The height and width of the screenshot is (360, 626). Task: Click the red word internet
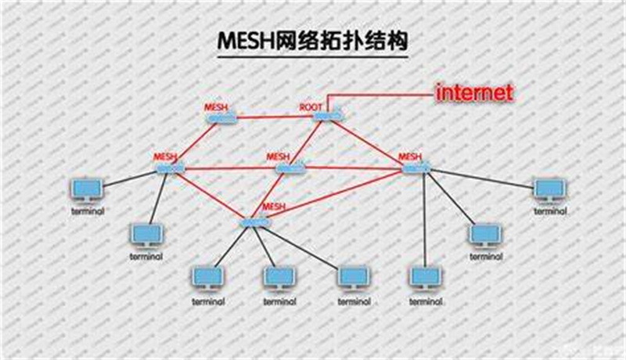(475, 93)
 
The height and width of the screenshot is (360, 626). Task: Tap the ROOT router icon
(326, 117)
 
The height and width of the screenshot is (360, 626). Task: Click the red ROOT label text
(311, 106)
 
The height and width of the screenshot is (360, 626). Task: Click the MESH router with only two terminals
(169, 167)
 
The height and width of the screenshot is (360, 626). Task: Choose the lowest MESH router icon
(256, 223)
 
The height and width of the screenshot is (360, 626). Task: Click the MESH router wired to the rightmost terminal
(416, 167)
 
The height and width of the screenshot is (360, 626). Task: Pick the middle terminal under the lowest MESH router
(279, 278)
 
